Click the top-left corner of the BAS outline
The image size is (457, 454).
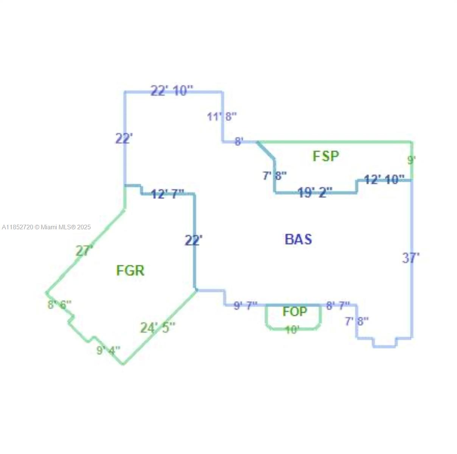125,92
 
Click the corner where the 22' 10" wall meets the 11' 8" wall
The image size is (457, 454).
222,92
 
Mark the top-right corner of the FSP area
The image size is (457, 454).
412,142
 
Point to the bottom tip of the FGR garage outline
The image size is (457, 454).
123,364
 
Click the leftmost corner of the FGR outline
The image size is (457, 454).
47,293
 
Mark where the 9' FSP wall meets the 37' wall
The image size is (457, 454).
412,180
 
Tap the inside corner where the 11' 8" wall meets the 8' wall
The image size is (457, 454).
223,142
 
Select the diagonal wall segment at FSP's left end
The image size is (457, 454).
266,150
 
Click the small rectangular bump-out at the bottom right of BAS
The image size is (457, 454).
385,342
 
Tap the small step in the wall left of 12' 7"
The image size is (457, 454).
141,189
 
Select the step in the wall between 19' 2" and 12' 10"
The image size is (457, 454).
356,187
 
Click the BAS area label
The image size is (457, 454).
298,239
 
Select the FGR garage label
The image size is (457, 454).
130,271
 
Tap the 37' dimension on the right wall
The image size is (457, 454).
411,258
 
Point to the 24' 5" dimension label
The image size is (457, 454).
158,328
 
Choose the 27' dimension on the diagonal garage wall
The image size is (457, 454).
84,251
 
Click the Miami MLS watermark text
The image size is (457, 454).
46,227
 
